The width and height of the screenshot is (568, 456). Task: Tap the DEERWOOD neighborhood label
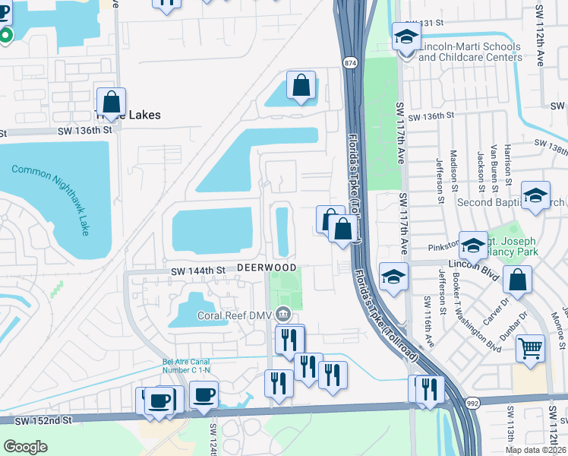point(266,268)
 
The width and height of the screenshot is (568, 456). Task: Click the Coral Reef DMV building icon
point(283,312)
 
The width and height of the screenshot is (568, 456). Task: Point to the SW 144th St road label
point(198,270)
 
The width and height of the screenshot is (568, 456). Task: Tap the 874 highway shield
point(350,62)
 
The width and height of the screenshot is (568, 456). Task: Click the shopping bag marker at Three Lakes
point(111,102)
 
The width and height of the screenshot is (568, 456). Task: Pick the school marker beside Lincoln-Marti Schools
point(406,36)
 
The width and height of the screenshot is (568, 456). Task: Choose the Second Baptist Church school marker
point(535,197)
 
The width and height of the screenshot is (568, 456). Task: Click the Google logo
point(25,446)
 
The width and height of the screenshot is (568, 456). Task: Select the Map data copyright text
point(535,450)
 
